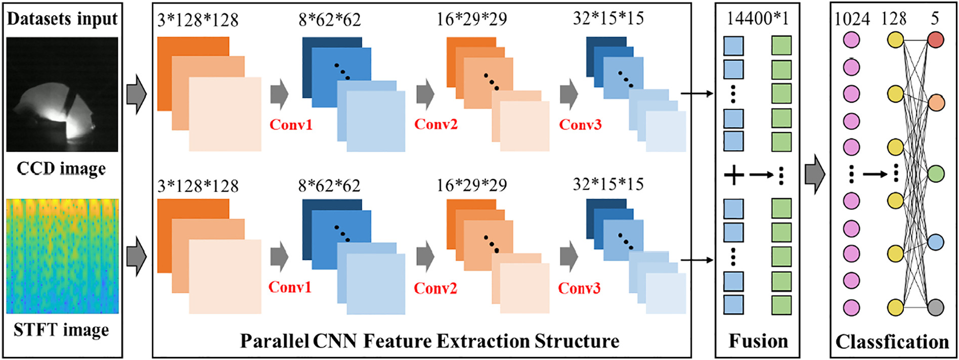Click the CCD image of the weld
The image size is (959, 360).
(x=62, y=94)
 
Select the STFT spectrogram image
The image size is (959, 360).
(x=62, y=256)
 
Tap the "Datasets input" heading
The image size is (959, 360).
(x=62, y=19)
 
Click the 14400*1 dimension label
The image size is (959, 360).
(x=757, y=19)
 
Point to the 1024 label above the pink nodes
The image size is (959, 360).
(x=852, y=19)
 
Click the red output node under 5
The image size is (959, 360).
(x=936, y=40)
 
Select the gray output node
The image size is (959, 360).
(x=936, y=307)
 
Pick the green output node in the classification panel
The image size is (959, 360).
(x=936, y=173)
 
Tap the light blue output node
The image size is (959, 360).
(x=936, y=242)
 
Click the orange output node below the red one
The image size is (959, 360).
(x=936, y=103)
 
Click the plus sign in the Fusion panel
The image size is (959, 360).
(x=733, y=175)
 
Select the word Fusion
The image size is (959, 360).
(x=758, y=341)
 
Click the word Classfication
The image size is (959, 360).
(x=892, y=342)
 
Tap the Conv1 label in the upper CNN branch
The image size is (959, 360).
(x=291, y=124)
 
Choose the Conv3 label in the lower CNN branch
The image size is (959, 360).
(x=579, y=288)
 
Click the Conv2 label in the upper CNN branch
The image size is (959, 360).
(x=435, y=124)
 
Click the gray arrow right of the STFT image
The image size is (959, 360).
(x=136, y=256)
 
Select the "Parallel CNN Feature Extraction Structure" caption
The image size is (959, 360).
(x=429, y=341)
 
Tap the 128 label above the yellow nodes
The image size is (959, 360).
(x=894, y=19)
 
